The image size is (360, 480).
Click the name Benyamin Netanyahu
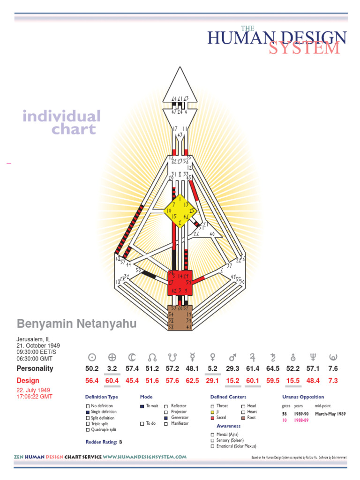coord(77,324)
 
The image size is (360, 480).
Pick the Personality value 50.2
coord(93,368)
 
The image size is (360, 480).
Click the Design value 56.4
coord(93,381)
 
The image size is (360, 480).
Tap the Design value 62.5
coord(193,381)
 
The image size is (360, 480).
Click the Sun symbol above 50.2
coord(93,356)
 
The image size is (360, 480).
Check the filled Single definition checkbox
coord(88,412)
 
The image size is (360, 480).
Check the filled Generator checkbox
coord(166,418)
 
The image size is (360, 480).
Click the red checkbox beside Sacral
coord(212,418)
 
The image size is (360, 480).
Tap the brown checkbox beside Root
coord(243,418)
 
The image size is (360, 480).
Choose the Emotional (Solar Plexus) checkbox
coord(212,446)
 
